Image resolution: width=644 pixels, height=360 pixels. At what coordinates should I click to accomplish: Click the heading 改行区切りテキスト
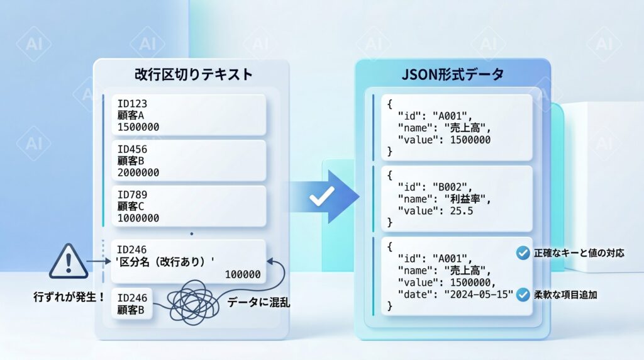(x=193, y=74)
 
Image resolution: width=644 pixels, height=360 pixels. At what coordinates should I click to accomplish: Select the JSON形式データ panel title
(x=452, y=74)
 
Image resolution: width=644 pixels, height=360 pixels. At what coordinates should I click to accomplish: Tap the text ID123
(x=132, y=104)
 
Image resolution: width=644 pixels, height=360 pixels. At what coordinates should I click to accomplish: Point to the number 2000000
(x=138, y=172)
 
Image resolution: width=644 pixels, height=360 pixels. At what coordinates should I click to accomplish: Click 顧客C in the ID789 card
(x=131, y=206)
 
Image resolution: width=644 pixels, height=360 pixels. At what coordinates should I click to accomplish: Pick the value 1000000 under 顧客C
(x=138, y=218)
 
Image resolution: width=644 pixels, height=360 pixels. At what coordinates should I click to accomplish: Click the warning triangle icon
(x=69, y=261)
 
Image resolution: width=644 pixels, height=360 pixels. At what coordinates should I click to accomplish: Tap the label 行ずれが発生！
(x=69, y=296)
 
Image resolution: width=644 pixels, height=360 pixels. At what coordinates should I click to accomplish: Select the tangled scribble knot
(x=192, y=303)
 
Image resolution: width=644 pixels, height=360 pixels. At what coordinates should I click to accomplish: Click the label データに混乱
(x=258, y=303)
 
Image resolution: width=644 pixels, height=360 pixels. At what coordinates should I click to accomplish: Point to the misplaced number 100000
(x=243, y=274)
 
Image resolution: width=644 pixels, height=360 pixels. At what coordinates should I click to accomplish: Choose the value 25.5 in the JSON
(x=462, y=211)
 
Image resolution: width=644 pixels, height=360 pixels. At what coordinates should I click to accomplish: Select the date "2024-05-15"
(x=479, y=295)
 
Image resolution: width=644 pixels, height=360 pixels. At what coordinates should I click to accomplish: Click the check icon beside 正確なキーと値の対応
(x=523, y=253)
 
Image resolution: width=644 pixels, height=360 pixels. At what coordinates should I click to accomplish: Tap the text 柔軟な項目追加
(x=565, y=295)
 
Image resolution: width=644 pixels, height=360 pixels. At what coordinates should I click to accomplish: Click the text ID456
(x=132, y=149)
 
